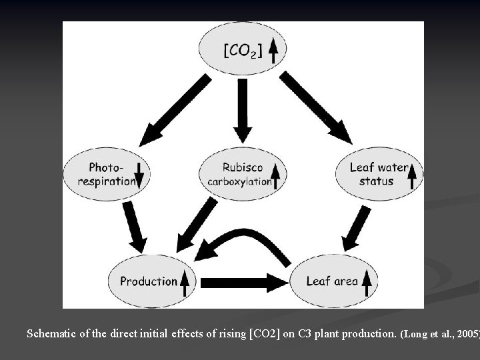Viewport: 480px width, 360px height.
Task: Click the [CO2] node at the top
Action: coord(243,49)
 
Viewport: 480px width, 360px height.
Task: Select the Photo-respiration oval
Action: coord(107,174)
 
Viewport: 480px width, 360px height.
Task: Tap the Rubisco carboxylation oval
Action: coord(243,174)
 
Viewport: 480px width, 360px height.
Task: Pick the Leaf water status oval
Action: coord(379,174)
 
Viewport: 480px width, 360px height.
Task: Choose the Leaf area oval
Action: coord(333,281)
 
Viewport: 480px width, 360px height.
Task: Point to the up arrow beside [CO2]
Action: coord(273,49)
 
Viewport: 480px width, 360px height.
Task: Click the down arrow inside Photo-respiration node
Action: coord(139,174)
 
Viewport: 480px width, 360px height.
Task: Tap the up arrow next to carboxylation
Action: coord(276,175)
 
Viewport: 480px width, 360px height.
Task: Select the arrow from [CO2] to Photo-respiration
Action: coord(175,110)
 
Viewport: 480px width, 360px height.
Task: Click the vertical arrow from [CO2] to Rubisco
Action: coord(243,110)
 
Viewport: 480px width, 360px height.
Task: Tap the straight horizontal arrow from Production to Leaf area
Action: coord(243,282)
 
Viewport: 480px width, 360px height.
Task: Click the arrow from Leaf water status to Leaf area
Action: coord(356,228)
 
